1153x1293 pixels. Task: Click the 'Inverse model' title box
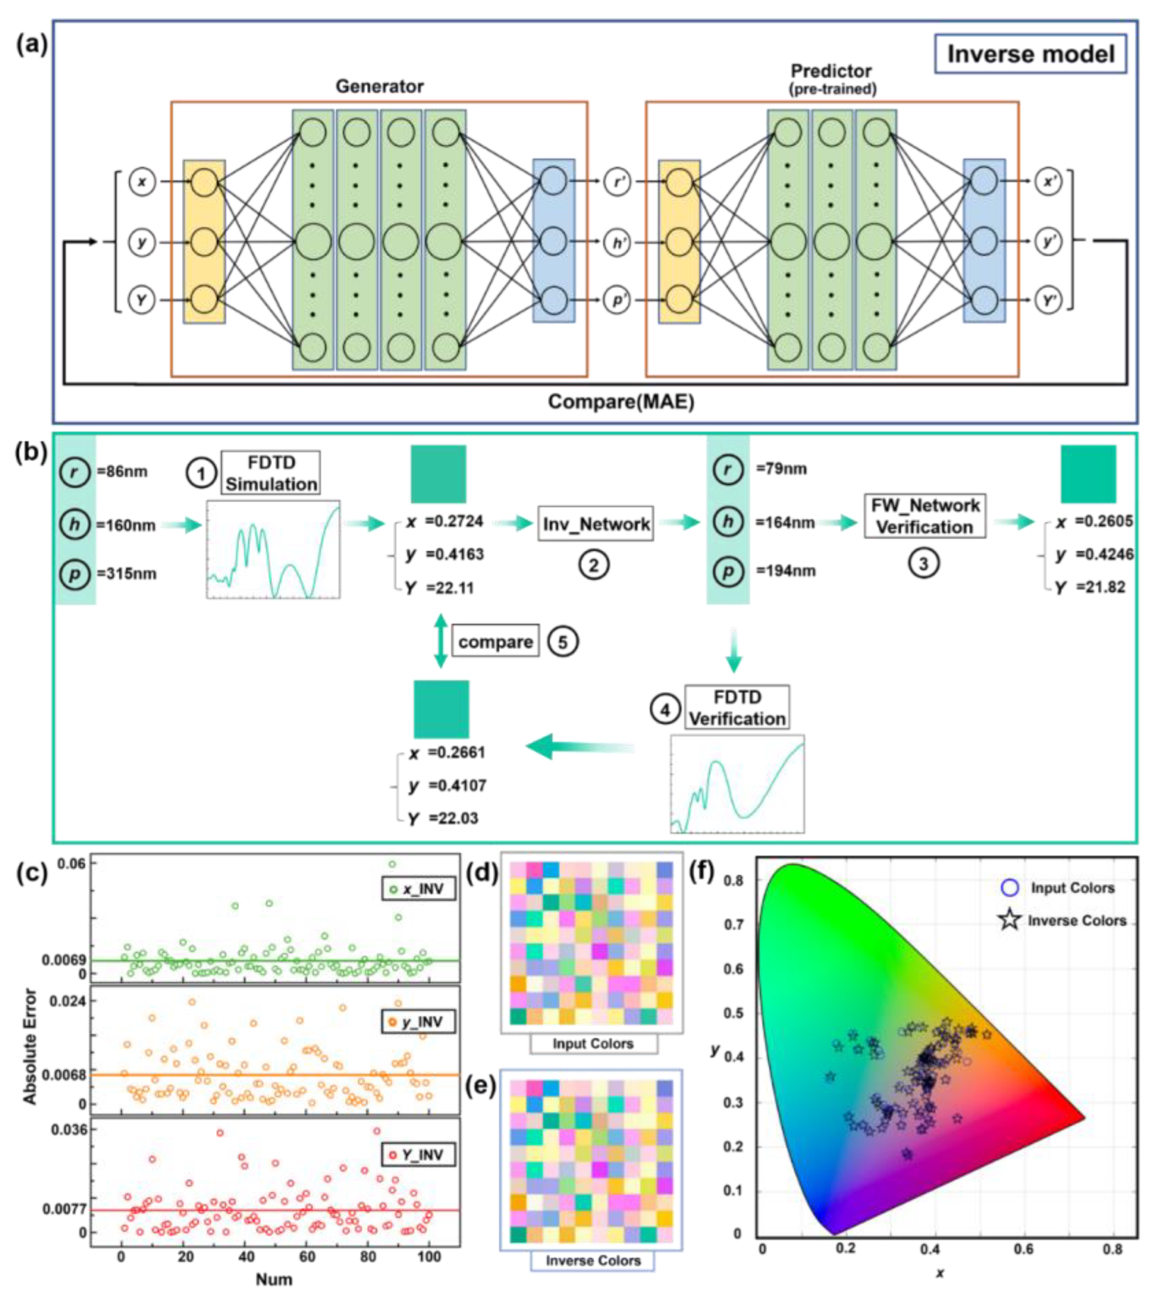coord(1030,54)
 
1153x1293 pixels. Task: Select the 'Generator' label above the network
coord(379,86)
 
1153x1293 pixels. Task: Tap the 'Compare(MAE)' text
coord(620,401)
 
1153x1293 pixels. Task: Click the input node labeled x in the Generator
coord(142,182)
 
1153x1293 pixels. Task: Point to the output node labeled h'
coord(617,242)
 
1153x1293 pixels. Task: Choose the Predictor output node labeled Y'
coord(1048,301)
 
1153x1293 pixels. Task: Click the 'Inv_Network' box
coord(595,524)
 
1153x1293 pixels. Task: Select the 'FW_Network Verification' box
coord(925,516)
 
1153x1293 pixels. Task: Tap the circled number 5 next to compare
coord(563,641)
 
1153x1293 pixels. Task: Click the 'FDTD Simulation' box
coord(271,473)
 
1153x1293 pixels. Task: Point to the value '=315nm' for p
coord(127,573)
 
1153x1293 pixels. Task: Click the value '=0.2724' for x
coord(454,521)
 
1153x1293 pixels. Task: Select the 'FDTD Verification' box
coord(737,707)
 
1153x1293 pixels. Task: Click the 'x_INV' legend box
coord(418,889)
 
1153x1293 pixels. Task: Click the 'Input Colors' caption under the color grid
coord(593,1043)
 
